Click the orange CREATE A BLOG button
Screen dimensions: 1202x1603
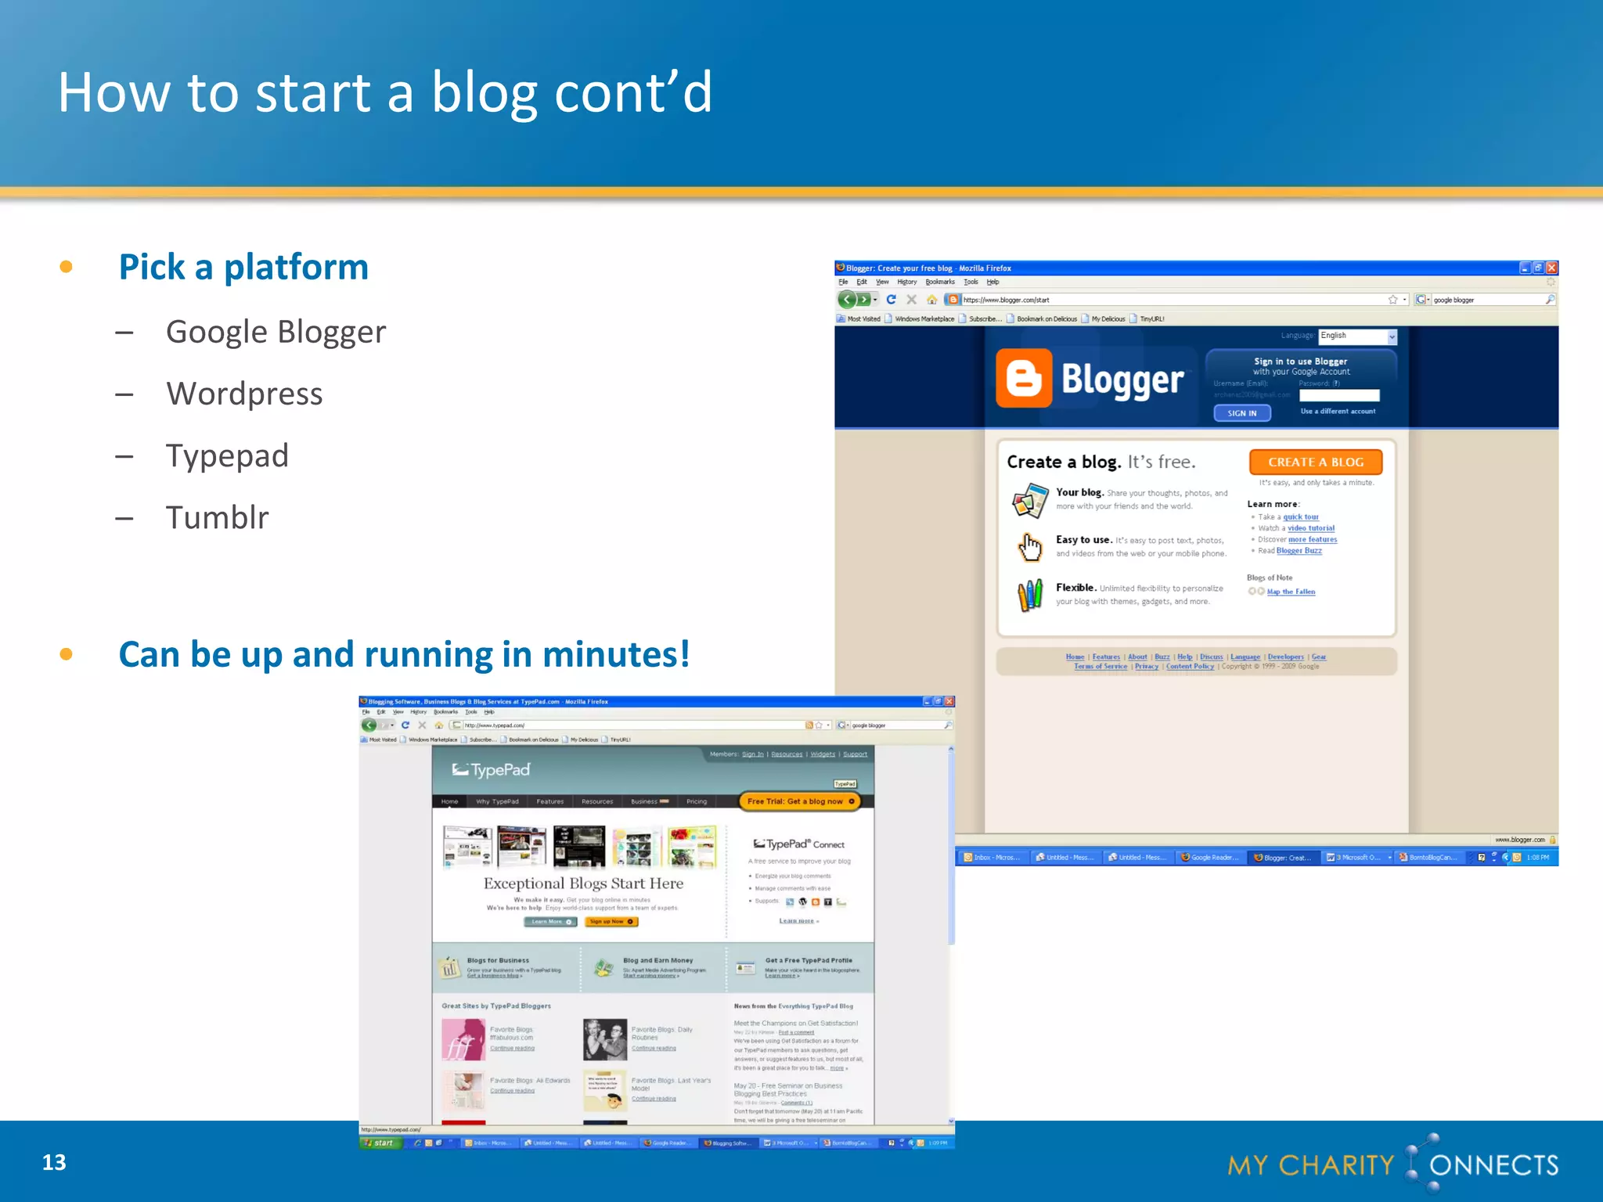tap(1315, 462)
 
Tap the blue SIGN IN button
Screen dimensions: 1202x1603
tap(1241, 413)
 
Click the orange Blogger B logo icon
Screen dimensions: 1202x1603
tap(1023, 379)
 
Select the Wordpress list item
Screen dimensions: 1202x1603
tap(244, 394)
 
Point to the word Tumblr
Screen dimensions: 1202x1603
tap(217, 517)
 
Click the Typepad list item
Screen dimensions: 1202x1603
tap(227, 455)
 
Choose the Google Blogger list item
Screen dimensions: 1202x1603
tap(276, 332)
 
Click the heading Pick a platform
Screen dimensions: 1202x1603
tap(243, 267)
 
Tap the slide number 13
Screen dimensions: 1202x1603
tap(54, 1162)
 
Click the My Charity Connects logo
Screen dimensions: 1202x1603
tap(1392, 1164)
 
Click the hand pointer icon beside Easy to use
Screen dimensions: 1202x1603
tap(1030, 547)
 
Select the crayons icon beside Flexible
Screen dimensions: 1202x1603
tap(1030, 595)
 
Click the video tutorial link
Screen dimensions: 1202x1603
tap(1311, 528)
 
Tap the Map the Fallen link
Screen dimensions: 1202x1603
tap(1291, 592)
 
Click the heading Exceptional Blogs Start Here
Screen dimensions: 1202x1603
tap(583, 884)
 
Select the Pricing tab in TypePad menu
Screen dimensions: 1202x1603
tap(697, 801)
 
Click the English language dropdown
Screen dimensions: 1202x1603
tap(1357, 336)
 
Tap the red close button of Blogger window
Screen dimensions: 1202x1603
tap(1551, 268)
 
